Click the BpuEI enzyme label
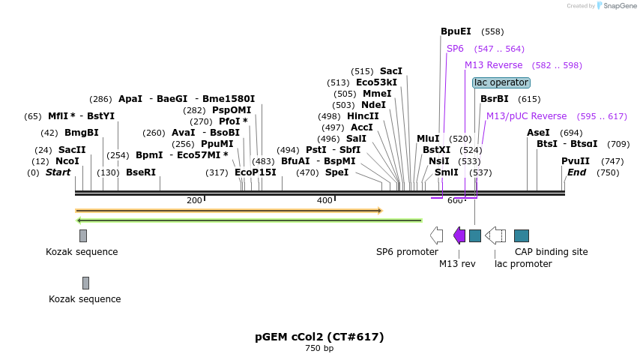456,31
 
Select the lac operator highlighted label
501,82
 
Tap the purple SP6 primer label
455,49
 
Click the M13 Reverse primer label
493,65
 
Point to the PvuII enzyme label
576,161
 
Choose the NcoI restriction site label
67,161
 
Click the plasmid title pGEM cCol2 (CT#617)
319,337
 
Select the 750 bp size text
319,348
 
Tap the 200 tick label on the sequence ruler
194,200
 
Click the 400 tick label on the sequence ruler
324,200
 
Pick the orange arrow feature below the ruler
229,211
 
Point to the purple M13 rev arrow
459,235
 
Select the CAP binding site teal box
522,235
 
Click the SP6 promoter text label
407,252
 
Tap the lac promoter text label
523,264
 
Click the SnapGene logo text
618,6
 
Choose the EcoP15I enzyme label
256,172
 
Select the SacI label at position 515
391,71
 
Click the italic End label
576,172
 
